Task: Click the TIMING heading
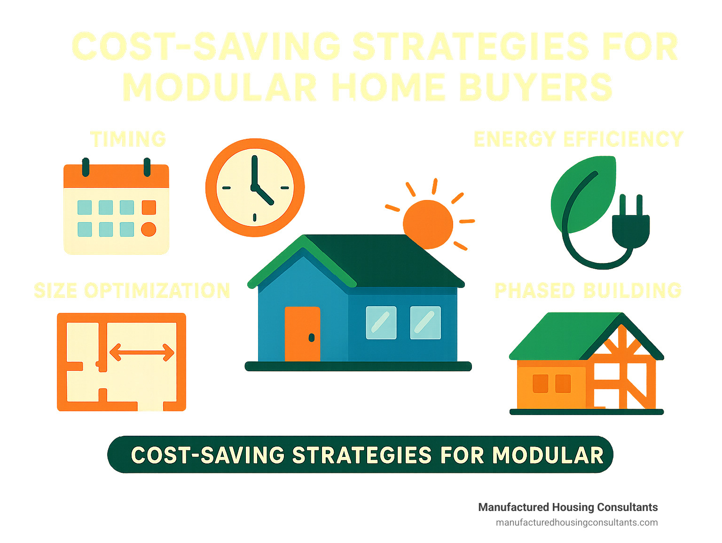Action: coord(128,139)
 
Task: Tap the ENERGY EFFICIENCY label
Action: coord(578,139)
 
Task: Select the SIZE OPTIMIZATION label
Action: coord(132,291)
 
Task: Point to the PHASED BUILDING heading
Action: coord(588,291)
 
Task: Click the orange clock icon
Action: coord(255,187)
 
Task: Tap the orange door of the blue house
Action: coord(302,334)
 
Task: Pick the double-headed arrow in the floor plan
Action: coord(141,352)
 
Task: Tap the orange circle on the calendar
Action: coord(149,229)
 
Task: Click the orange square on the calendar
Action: coord(149,208)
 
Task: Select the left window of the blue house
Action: coord(381,323)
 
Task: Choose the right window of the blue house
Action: coord(425,323)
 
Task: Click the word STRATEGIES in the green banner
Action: coord(362,455)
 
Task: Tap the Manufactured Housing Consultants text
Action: coord(568,507)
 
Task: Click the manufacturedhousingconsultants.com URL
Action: coord(577,523)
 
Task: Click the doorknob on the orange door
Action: coord(311,337)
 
